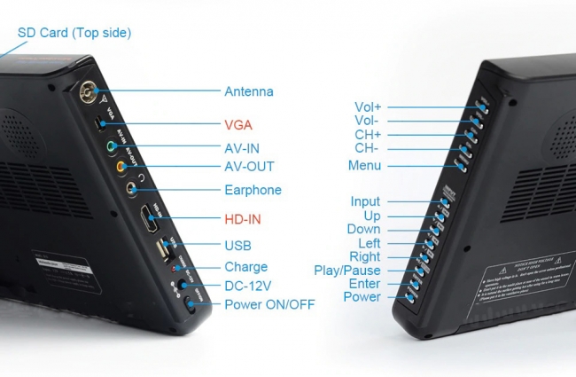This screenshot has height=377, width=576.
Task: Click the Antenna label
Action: [248, 91]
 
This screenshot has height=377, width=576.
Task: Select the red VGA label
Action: [238, 125]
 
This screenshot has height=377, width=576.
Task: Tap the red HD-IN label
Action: [243, 218]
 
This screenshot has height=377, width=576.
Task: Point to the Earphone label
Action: [253, 190]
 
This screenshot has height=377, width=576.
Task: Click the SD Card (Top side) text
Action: [74, 33]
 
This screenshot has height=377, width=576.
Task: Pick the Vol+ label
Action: [368, 108]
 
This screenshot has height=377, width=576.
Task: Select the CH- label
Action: [368, 148]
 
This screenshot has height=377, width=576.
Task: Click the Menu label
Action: [365, 165]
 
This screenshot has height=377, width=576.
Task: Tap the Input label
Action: [365, 202]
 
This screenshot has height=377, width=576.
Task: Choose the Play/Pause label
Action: [347, 271]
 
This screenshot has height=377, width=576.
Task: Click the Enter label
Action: [364, 284]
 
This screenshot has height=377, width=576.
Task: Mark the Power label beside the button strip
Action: [362, 297]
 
